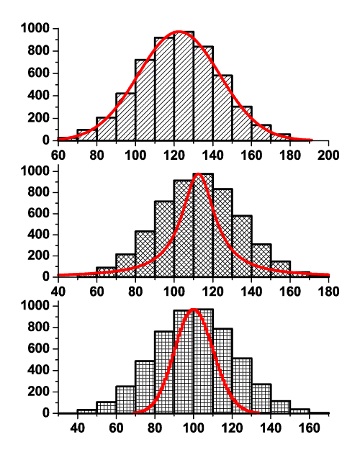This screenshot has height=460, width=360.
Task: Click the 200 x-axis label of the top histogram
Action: tap(328, 153)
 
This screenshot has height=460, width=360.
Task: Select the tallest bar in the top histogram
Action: tap(184, 86)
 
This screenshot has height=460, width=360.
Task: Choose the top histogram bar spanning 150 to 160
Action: tap(242, 123)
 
